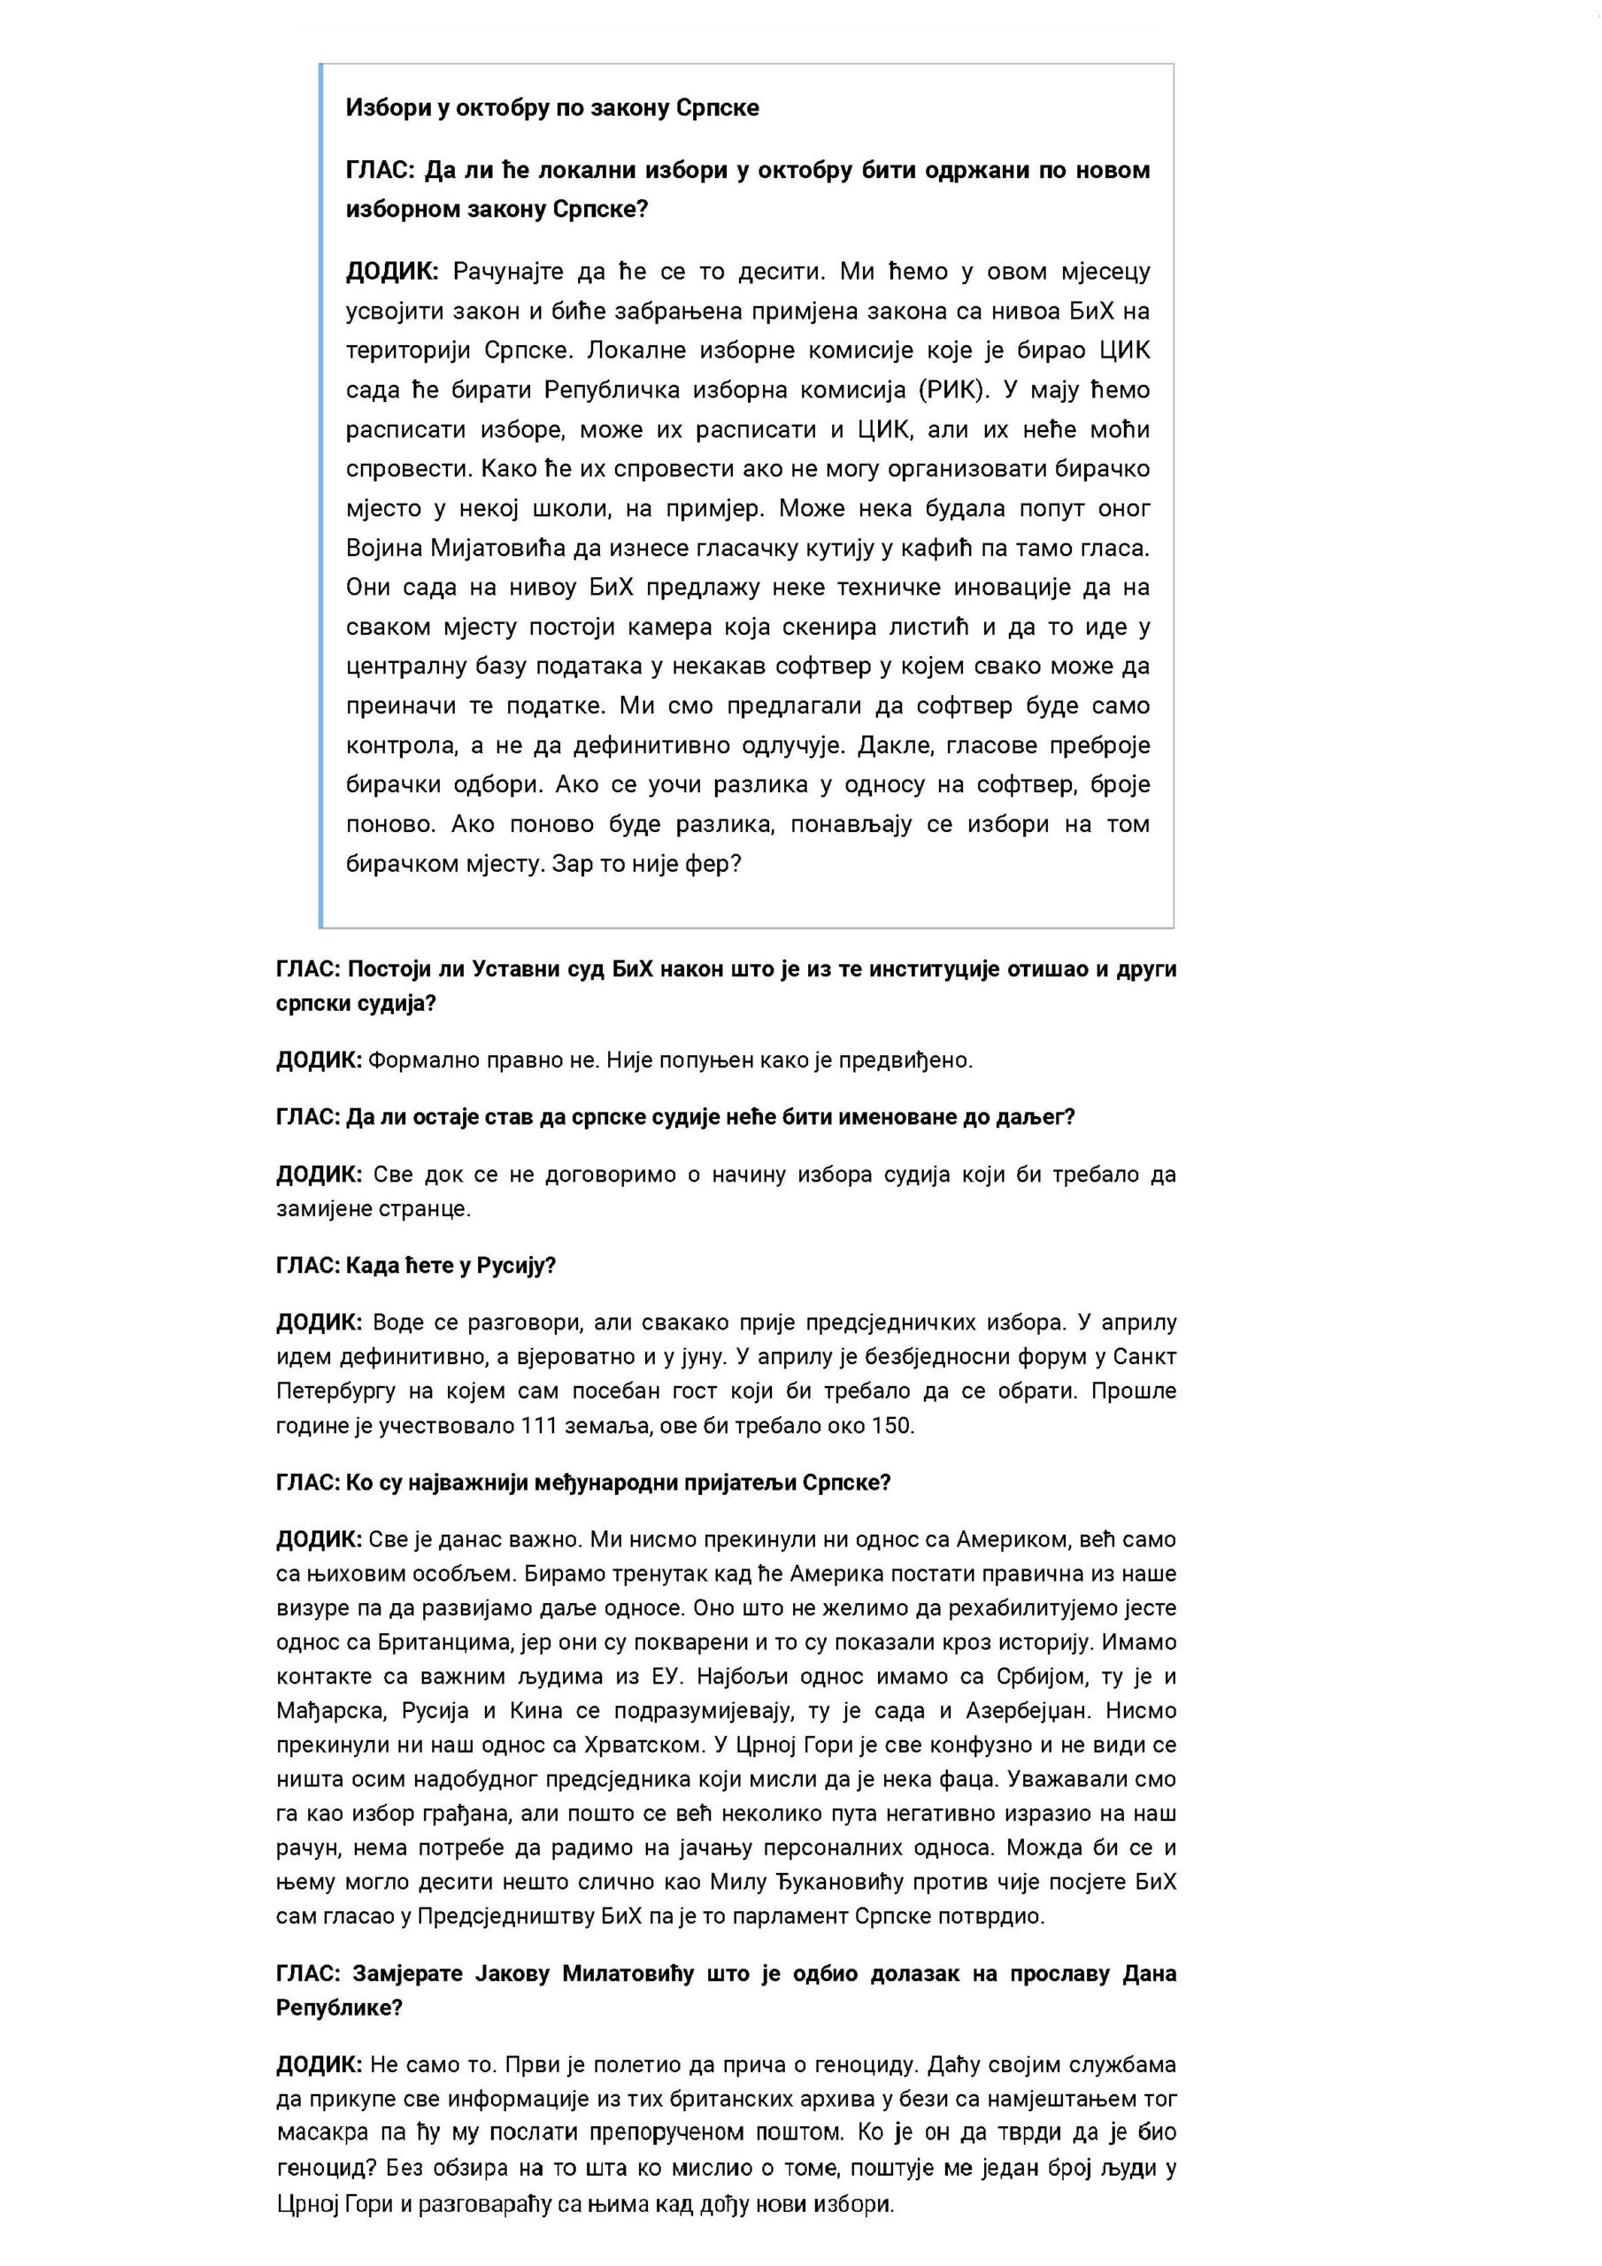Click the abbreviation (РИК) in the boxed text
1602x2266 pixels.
(952, 389)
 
